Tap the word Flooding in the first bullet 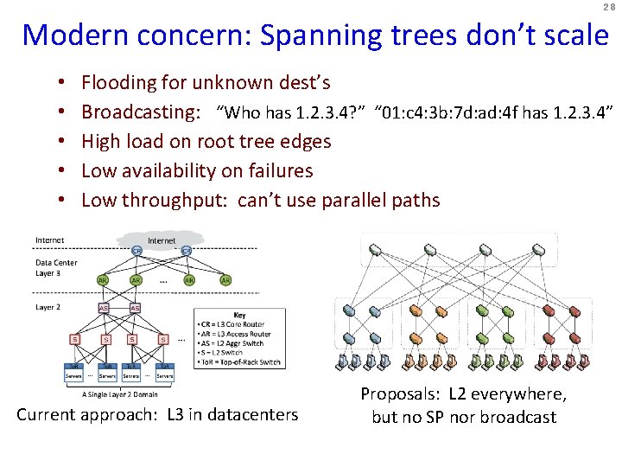click(117, 83)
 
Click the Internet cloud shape click(162, 240)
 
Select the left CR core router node click(136, 251)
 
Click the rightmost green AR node click(225, 280)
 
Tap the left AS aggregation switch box click(104, 308)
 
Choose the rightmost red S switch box click(162, 339)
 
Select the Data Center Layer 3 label click(56, 267)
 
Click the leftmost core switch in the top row click(376, 250)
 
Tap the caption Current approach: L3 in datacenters click(157, 415)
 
